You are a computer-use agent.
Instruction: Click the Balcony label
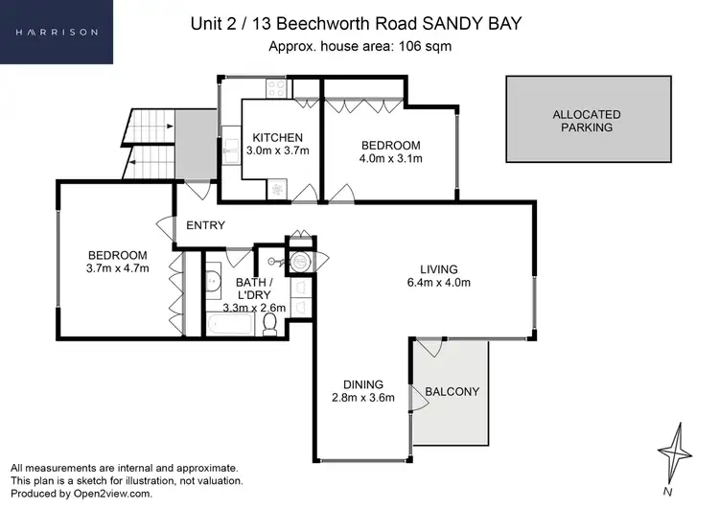(x=452, y=391)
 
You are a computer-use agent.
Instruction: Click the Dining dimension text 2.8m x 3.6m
(x=363, y=398)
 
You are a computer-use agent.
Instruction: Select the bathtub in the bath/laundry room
(x=232, y=326)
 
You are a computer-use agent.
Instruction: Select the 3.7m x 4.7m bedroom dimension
(x=117, y=269)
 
